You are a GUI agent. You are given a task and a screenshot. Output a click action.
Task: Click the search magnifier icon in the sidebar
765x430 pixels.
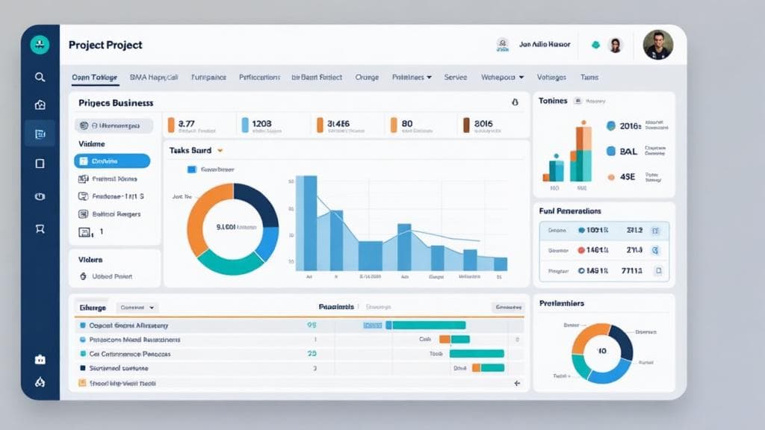pyautogui.click(x=40, y=77)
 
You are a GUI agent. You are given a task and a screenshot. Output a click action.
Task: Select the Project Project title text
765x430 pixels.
pyautogui.click(x=105, y=45)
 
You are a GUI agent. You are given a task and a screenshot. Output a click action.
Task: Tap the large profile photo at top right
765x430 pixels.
pyautogui.click(x=657, y=45)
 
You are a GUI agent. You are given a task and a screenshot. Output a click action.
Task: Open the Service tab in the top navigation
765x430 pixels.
pyautogui.click(x=456, y=77)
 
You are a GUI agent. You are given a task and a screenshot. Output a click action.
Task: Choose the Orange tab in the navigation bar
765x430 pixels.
pyautogui.click(x=367, y=77)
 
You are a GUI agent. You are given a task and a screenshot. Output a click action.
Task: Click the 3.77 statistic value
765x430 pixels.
pyautogui.click(x=187, y=124)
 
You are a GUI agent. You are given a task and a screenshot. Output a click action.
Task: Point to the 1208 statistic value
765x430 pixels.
pyautogui.click(x=262, y=124)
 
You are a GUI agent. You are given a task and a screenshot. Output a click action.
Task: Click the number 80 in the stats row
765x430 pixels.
pyautogui.click(x=407, y=124)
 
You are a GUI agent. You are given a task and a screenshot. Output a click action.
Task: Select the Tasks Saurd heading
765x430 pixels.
pyautogui.click(x=191, y=150)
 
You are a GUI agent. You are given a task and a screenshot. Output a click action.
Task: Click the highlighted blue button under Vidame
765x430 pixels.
pyautogui.click(x=112, y=161)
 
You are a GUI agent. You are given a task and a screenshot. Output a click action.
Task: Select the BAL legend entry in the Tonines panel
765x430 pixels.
pyautogui.click(x=628, y=151)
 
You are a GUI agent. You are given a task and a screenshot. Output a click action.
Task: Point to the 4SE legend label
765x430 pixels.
pyautogui.click(x=628, y=177)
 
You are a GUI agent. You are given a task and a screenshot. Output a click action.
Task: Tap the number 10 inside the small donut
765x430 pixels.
pyautogui.click(x=602, y=352)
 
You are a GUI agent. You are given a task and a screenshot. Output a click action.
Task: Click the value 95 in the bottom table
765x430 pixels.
pyautogui.click(x=312, y=325)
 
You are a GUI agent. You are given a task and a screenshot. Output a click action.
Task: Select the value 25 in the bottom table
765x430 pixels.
pyautogui.click(x=312, y=354)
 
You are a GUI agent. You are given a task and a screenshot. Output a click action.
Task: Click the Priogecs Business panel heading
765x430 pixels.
pyautogui.click(x=116, y=103)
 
